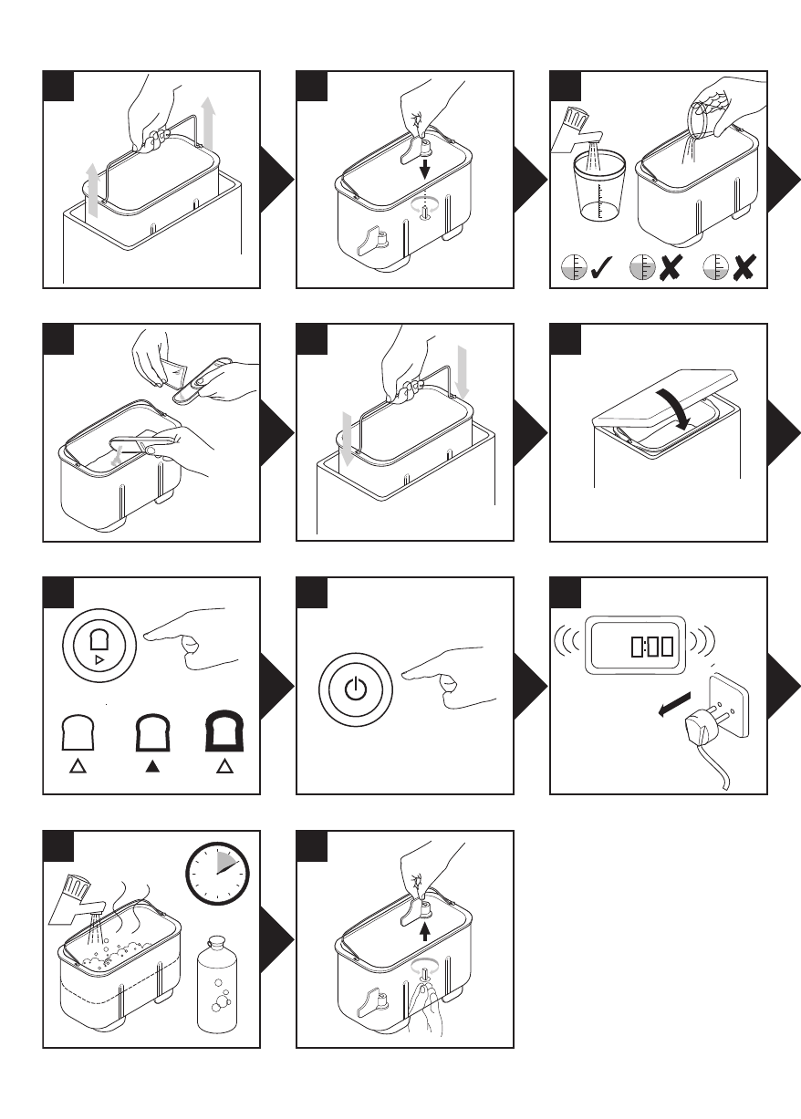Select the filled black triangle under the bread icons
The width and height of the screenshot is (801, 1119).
(151, 765)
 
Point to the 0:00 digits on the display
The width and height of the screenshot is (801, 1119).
(651, 648)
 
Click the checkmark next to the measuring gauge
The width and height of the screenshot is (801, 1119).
(602, 268)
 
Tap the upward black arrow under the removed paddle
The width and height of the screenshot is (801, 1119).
(424, 932)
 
